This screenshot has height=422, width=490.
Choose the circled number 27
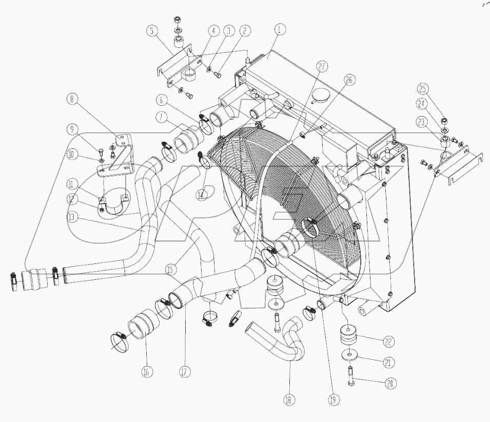[x=321, y=67]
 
